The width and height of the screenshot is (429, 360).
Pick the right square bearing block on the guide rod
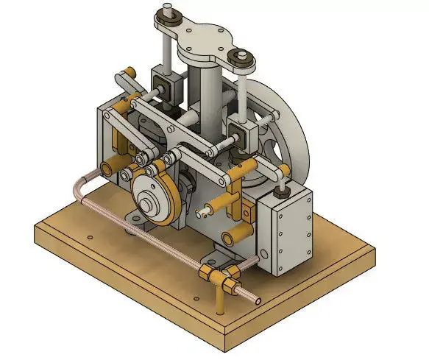240,133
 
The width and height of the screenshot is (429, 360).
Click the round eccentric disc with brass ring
155,200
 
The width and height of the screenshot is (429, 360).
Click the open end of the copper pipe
257,300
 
